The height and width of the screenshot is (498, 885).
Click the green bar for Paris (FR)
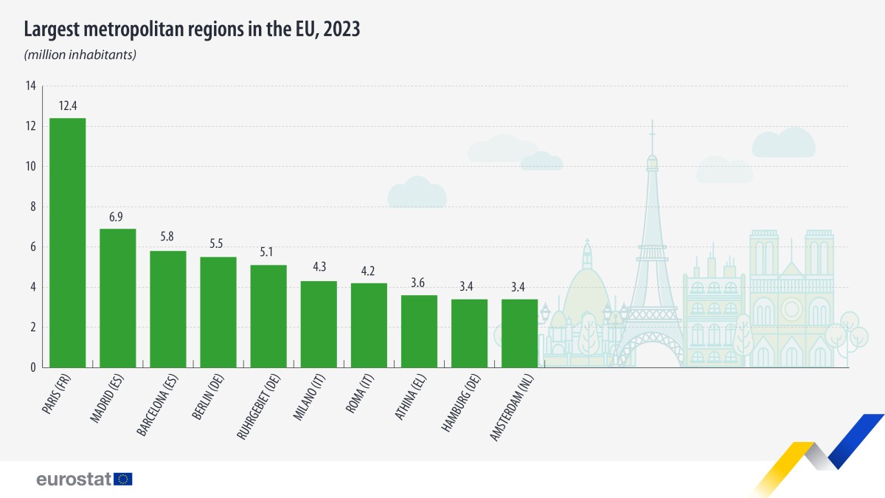click(x=67, y=243)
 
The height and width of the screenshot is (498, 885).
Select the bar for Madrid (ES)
click(x=117, y=298)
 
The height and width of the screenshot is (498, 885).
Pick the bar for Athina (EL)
click(x=419, y=331)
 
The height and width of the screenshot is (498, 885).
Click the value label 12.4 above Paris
click(x=68, y=106)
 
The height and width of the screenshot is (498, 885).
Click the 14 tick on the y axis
click(x=30, y=86)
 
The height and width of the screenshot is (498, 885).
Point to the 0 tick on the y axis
click(x=32, y=367)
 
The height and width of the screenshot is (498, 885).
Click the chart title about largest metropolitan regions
click(x=192, y=30)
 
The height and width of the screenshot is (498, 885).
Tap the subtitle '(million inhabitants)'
click(x=80, y=55)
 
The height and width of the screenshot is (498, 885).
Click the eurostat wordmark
click(x=74, y=480)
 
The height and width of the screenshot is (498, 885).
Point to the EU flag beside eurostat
click(x=123, y=480)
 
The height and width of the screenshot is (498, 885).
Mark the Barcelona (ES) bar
click(x=168, y=309)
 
